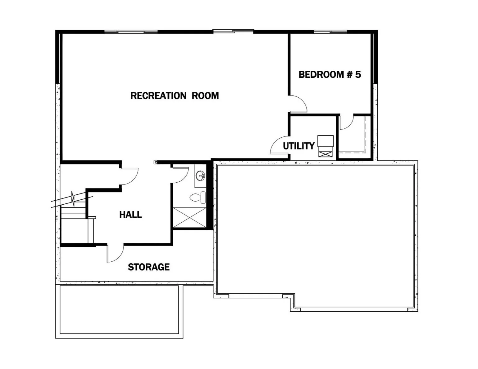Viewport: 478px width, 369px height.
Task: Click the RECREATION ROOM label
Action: [x=175, y=96]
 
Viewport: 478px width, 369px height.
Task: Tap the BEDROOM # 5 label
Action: [x=330, y=74]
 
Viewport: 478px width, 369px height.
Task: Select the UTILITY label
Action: [x=298, y=146]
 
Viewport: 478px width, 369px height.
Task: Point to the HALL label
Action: [x=130, y=214]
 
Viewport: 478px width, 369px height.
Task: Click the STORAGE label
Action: [x=148, y=267]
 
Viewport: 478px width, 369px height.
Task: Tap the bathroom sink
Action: [x=200, y=176]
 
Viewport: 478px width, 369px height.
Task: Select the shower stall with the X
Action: [x=189, y=218]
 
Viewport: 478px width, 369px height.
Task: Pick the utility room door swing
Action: [x=279, y=145]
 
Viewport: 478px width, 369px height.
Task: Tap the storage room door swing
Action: [x=115, y=253]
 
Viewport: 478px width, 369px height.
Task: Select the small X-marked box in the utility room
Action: [x=325, y=153]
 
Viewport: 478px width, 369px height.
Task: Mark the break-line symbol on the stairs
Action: [x=73, y=198]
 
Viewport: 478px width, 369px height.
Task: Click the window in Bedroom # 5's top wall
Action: [x=330, y=32]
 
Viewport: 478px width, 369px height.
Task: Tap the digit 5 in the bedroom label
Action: [x=358, y=74]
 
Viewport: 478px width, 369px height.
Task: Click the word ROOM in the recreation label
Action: [x=205, y=96]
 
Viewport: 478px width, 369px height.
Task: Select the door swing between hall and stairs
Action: [x=130, y=176]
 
